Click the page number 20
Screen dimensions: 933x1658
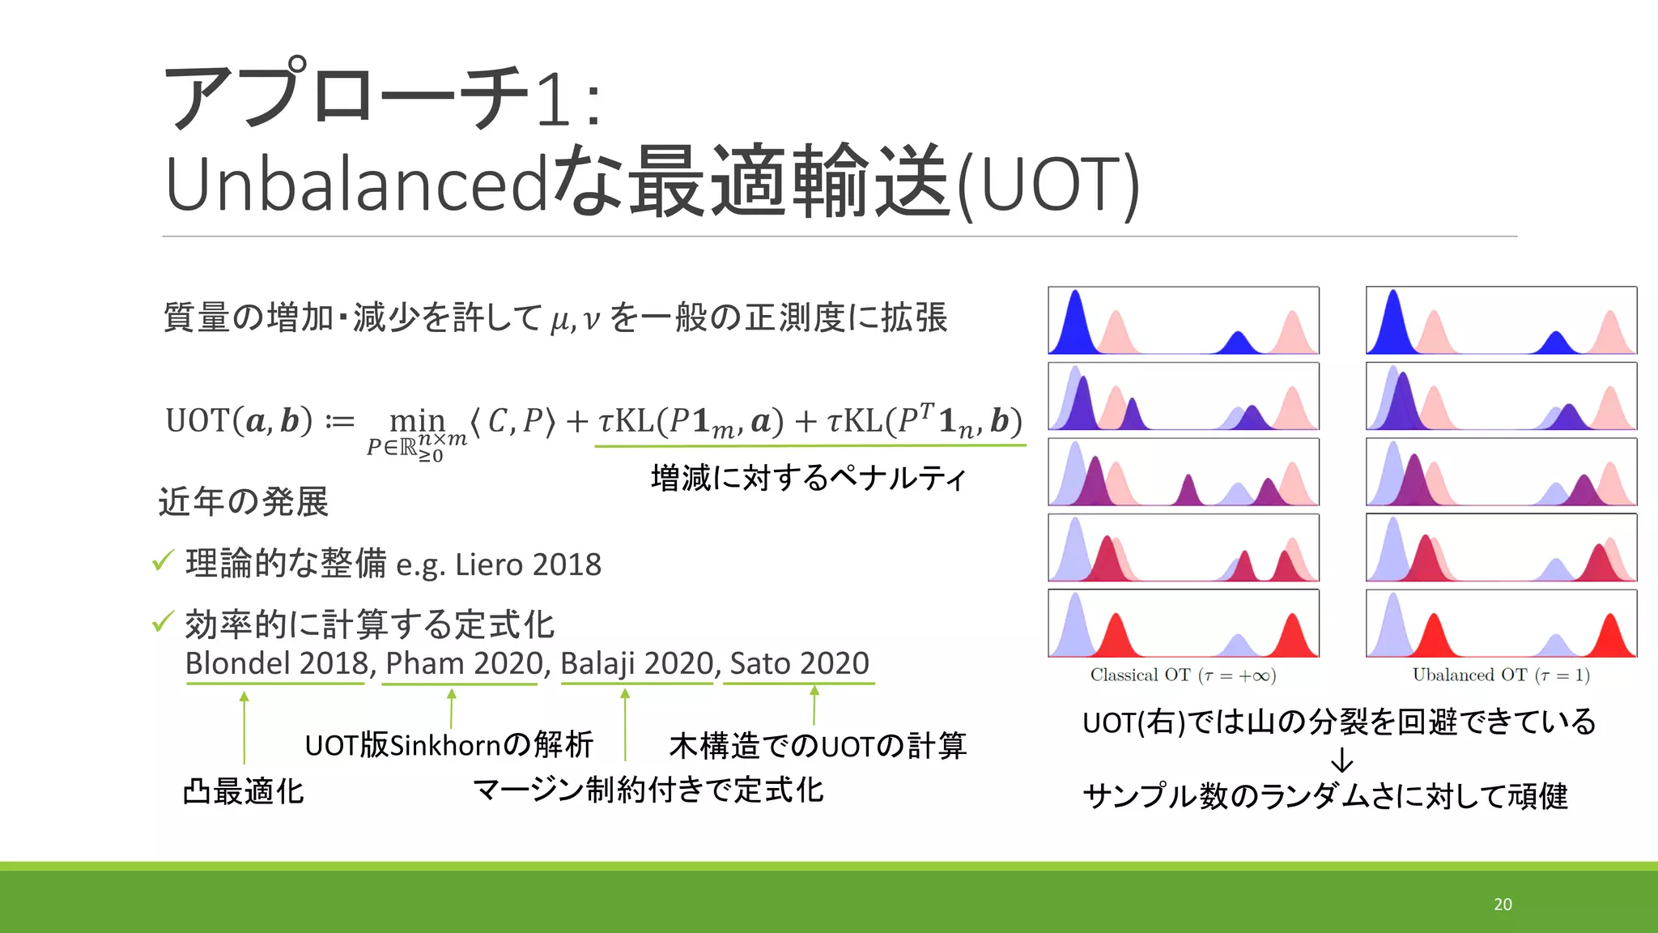tap(1503, 904)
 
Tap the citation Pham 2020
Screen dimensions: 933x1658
tap(464, 663)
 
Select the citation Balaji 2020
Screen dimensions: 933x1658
tap(637, 663)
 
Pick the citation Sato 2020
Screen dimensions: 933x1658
tap(799, 663)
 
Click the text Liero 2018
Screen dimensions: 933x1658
tap(528, 564)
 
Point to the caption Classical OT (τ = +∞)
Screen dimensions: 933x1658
tap(1183, 675)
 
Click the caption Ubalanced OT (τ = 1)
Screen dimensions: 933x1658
tap(1501, 675)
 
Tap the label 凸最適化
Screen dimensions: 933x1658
tap(244, 791)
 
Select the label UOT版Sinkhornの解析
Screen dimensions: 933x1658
tap(449, 745)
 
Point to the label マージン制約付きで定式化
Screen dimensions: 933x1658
tap(648, 790)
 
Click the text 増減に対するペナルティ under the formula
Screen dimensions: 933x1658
tap(809, 478)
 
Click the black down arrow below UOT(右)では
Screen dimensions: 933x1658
tap(1341, 760)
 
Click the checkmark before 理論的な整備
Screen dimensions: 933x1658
tap(163, 560)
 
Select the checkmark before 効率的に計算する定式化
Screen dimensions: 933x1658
tap(163, 622)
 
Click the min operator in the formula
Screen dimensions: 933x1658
tap(417, 420)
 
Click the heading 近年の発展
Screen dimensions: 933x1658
tap(244, 502)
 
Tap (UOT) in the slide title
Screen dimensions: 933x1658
tap(1048, 185)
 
